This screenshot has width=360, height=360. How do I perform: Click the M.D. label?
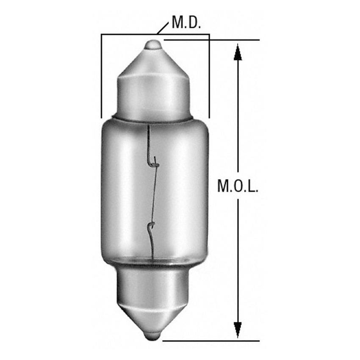coord(186,23)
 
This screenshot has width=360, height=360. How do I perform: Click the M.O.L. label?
coord(238,186)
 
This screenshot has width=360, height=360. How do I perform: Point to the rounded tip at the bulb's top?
coord(153,44)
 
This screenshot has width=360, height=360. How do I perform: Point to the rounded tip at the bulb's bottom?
coord(153,335)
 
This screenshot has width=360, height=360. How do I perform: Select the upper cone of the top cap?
coord(153,64)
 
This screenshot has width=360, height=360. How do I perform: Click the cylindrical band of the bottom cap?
coord(153,284)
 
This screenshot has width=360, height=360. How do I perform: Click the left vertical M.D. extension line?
coord(101,76)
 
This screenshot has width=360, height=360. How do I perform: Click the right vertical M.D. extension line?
coord(209,76)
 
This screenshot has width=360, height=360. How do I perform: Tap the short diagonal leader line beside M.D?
coord(163,28)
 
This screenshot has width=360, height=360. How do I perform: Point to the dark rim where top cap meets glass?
coord(153,119)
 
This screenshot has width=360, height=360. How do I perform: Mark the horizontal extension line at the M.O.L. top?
coord(212,40)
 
